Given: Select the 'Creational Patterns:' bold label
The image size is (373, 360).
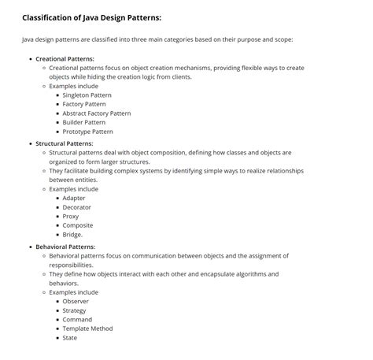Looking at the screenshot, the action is tap(65, 59).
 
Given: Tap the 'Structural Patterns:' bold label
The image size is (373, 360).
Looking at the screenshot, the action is tap(65, 144).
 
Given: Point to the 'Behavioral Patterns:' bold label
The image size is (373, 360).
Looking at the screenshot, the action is tap(65, 247).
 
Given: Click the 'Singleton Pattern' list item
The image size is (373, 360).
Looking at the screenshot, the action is tap(87, 95).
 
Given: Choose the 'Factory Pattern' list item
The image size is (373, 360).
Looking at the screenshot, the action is tap(83, 104).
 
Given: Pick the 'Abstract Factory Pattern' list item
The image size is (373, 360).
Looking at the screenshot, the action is tap(96, 113).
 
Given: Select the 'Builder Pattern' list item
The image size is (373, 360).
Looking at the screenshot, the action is tap(83, 123).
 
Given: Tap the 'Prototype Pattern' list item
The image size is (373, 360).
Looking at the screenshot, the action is tap(87, 132).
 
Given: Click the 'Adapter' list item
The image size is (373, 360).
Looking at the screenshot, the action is tap(74, 198).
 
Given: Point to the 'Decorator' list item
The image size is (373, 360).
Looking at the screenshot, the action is tap(76, 207).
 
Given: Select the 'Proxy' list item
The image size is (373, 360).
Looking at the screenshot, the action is tap(71, 217).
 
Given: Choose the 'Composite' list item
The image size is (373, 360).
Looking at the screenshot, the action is tap(77, 225).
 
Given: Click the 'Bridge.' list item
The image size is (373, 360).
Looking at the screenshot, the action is tap(72, 235).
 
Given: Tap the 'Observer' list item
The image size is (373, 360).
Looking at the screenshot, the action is tap(76, 301).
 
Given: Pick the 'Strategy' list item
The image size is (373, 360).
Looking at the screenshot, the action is tap(75, 310).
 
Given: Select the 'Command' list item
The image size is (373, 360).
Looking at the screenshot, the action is tap(77, 319).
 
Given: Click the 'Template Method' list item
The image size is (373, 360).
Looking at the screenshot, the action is tap(87, 328).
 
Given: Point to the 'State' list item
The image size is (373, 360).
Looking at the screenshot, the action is tap(69, 338).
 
